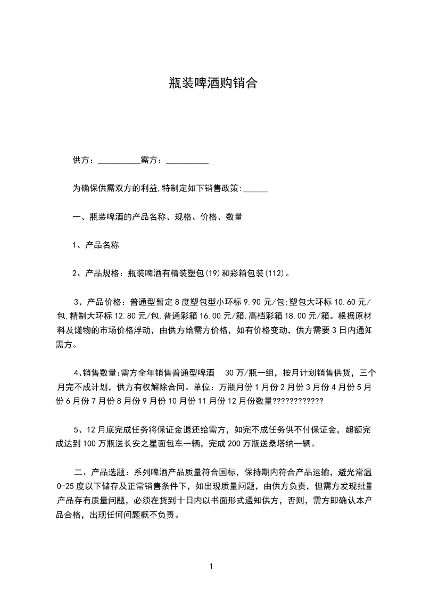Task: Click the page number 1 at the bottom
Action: (211, 566)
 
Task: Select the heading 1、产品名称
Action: (96, 246)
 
